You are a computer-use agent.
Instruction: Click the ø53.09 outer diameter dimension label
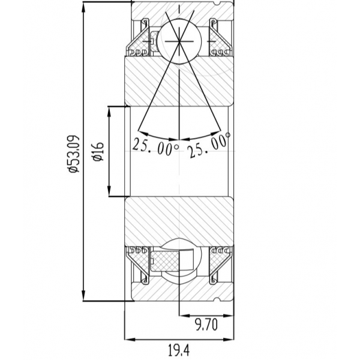tap(74, 154)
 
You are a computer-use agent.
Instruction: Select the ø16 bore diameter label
tap(98, 151)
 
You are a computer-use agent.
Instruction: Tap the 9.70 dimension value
tap(206, 325)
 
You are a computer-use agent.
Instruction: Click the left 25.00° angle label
tap(155, 147)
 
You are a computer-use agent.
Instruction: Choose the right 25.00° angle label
tap(208, 145)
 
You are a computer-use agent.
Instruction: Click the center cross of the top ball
tap(179, 41)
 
